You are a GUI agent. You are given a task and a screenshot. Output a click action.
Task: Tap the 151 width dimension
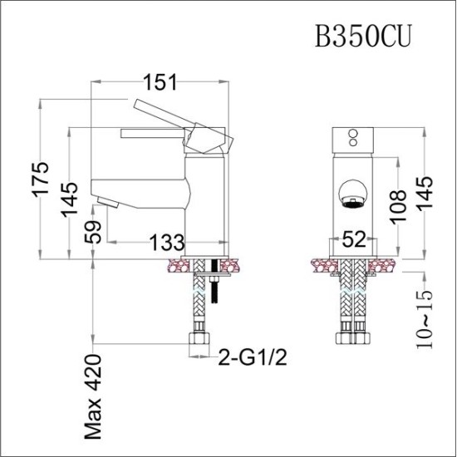click(160, 81)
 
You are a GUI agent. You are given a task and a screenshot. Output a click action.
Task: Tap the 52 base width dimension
click(354, 241)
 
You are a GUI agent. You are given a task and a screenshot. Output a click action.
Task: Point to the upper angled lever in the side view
click(162, 111)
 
